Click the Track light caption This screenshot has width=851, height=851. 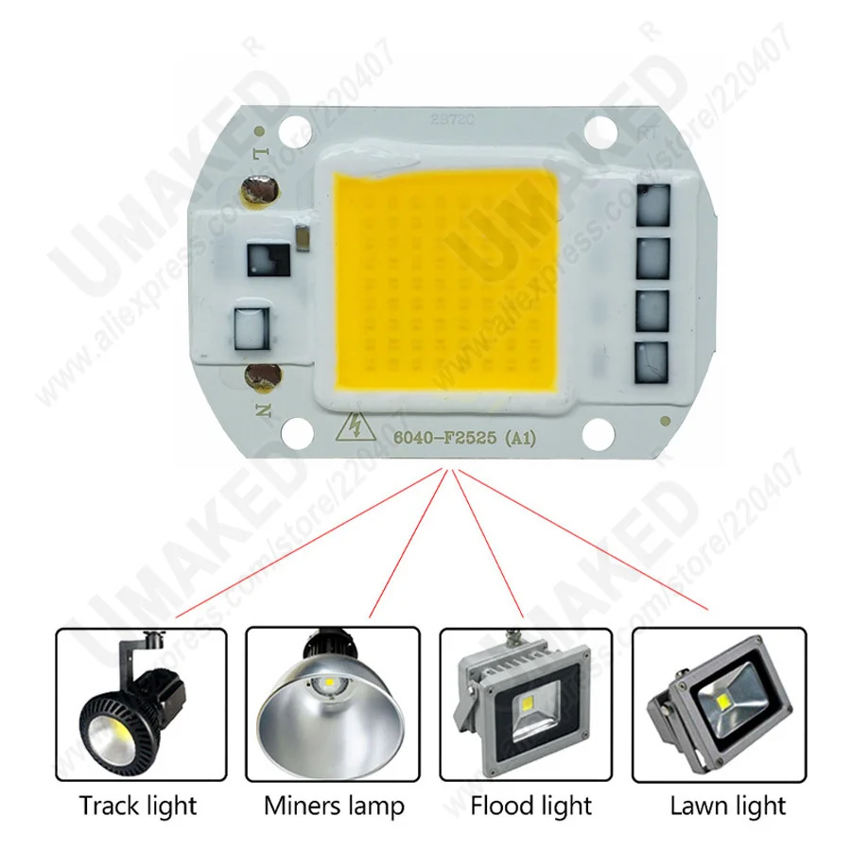138,806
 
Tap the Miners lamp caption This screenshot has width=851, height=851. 333,806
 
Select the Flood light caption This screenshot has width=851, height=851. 530,806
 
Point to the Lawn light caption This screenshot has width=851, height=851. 727,806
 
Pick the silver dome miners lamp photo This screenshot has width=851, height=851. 332,704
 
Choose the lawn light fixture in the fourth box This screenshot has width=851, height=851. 722,704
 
